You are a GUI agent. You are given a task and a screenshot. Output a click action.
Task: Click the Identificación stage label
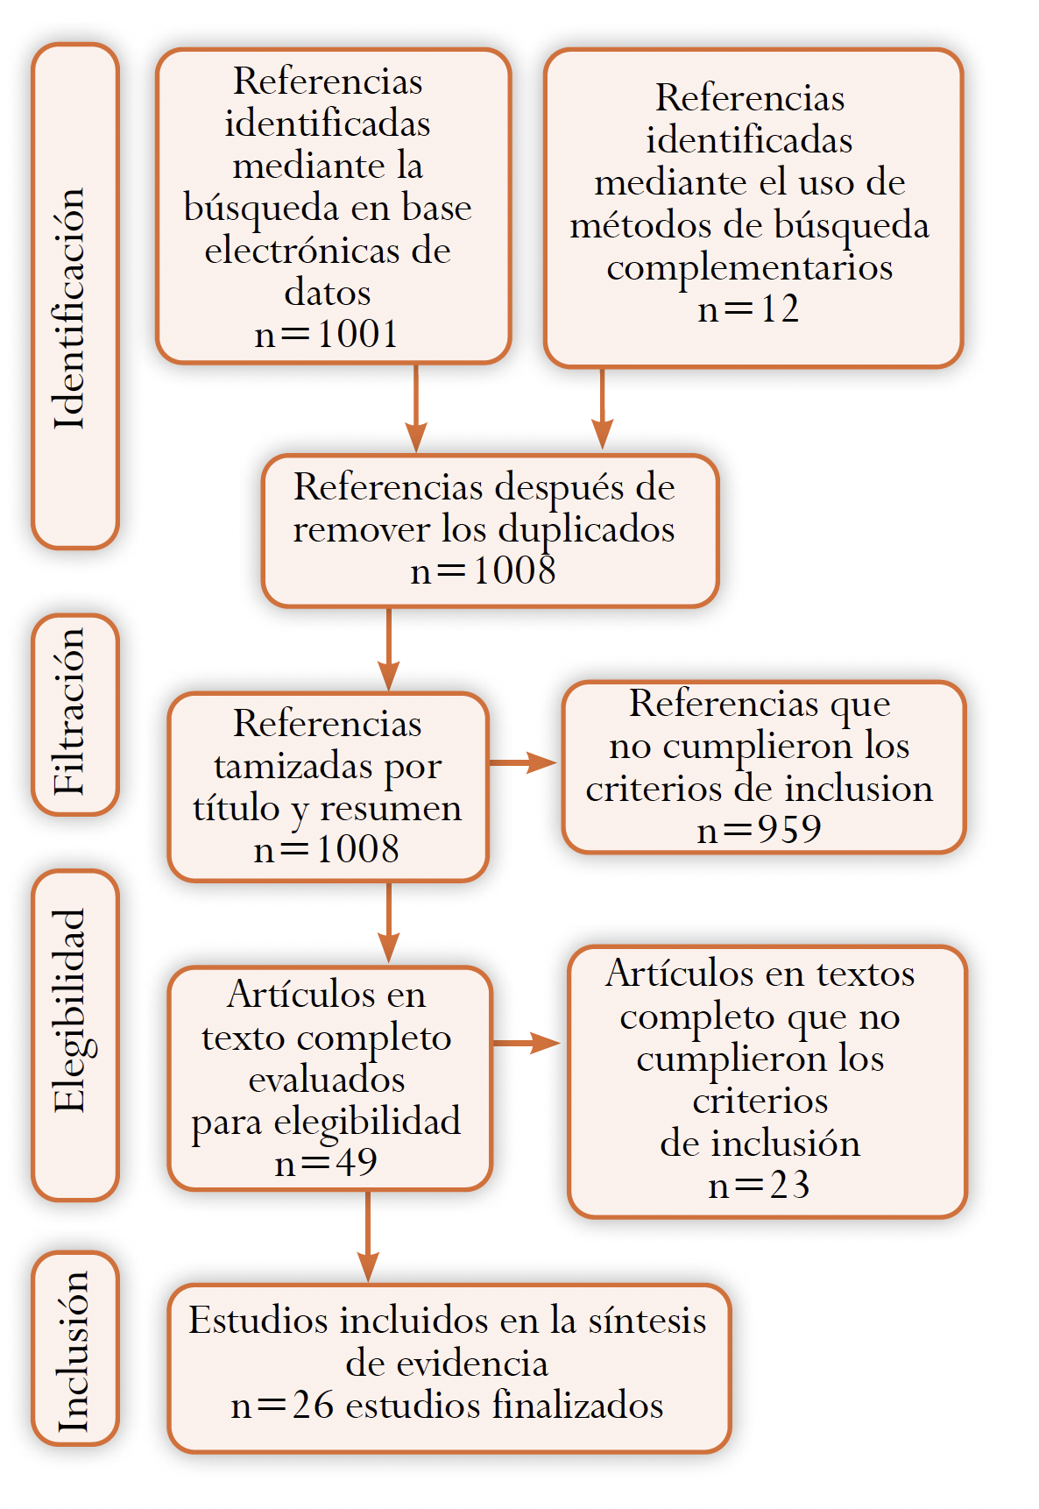coord(70,308)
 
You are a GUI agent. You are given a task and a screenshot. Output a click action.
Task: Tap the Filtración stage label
coord(70,712)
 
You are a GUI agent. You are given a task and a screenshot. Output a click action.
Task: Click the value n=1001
coord(327,334)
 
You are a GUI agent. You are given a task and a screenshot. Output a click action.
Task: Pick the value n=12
coord(748,308)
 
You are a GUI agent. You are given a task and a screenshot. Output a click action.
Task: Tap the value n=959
coord(759,829)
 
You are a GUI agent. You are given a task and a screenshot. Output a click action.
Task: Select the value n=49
coord(326,1163)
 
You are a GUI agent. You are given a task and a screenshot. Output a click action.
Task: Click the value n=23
coord(759,1185)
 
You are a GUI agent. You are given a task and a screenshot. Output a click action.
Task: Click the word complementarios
coord(750,267)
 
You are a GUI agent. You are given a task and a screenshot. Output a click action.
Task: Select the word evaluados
coord(327,1079)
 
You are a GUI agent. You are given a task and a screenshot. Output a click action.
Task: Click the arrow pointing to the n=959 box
coord(523,762)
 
